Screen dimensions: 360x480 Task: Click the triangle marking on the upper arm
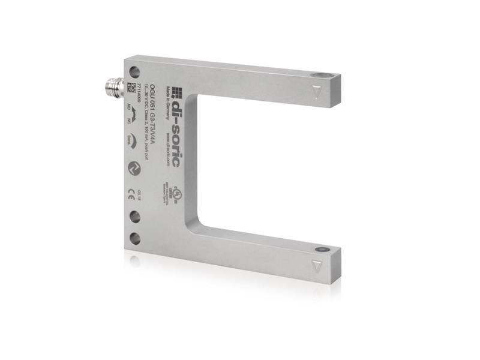(x=317, y=92)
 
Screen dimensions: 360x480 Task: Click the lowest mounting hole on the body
(x=136, y=238)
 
